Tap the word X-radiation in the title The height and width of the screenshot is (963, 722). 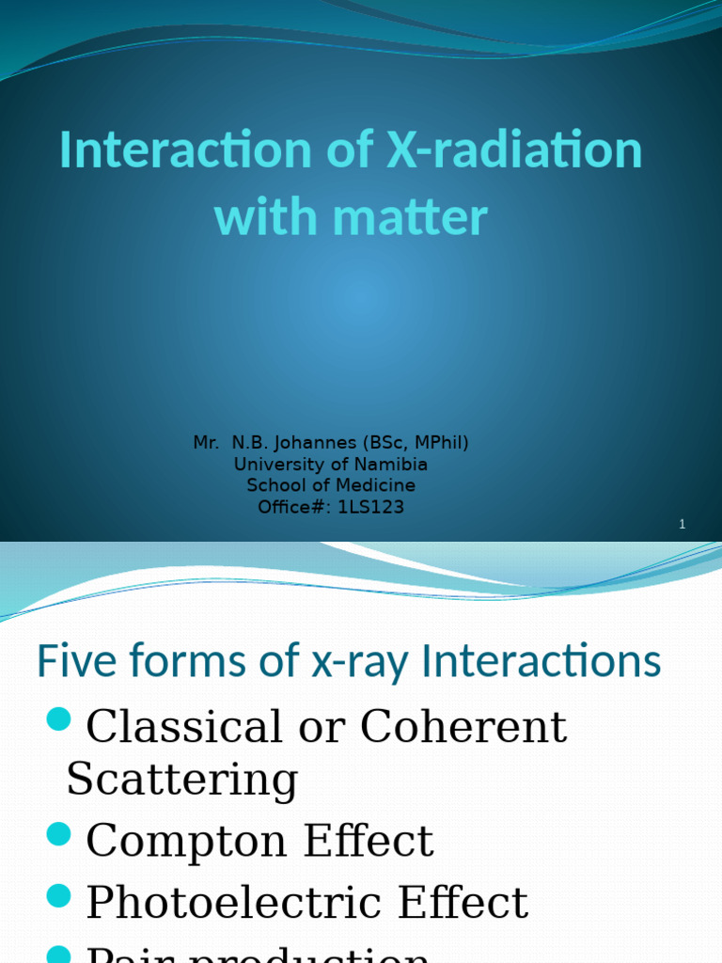click(x=513, y=150)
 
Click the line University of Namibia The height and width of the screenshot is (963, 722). click(x=331, y=465)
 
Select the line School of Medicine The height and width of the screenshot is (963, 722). click(x=331, y=486)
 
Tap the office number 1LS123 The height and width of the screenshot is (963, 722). click(x=368, y=508)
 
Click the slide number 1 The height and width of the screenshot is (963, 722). click(x=683, y=525)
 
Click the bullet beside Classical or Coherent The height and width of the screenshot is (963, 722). click(x=58, y=721)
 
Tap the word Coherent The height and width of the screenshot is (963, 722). click(x=463, y=727)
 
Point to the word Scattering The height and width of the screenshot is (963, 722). click(x=181, y=780)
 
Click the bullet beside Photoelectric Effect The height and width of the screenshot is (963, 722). click(x=58, y=897)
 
